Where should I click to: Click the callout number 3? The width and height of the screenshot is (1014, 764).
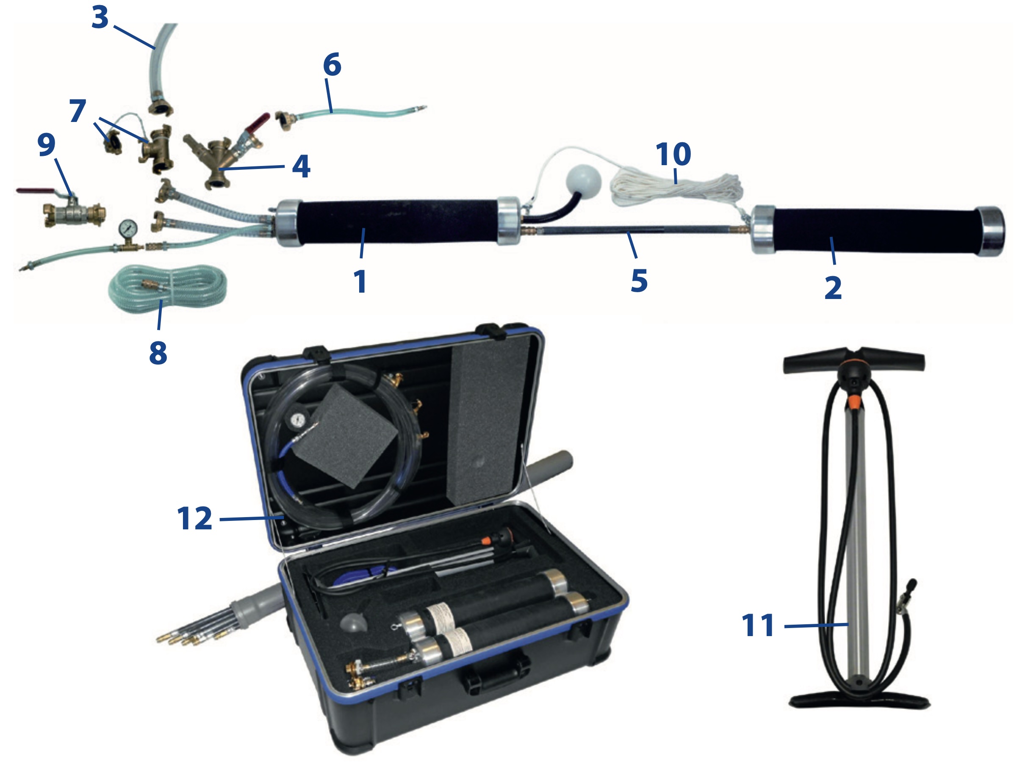point(100,17)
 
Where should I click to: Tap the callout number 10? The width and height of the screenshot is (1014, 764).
point(673,154)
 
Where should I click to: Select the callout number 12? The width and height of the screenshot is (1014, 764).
point(195,518)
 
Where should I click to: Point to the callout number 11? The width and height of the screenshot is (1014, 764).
point(758,625)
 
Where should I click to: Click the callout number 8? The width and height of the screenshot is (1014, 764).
point(158,353)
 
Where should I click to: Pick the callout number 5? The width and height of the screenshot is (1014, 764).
point(639,280)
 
